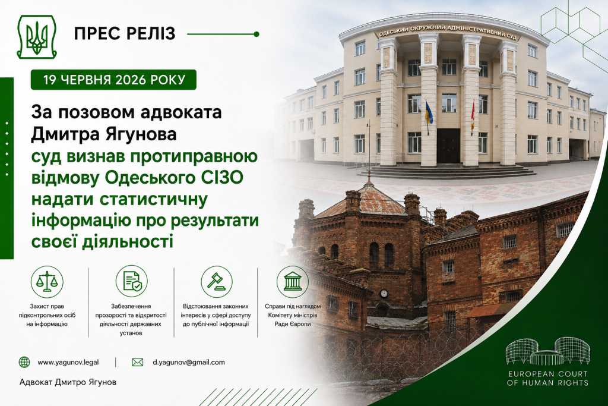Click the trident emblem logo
click(36, 37)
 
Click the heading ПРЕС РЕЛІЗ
click(125, 34)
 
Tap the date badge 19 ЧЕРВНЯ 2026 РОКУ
click(113, 80)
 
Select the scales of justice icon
click(47, 282)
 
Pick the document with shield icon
click(131, 282)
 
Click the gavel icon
click(216, 282)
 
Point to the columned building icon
click(292, 282)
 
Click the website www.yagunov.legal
click(68, 362)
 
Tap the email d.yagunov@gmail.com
click(188, 362)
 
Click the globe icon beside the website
click(24, 362)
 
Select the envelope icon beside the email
click(137, 362)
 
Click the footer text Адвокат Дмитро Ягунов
click(68, 382)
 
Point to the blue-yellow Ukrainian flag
click(429, 112)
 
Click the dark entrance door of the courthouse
click(448, 146)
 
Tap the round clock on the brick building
click(384, 293)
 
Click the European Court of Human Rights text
click(547, 379)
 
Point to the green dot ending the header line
click(256, 34)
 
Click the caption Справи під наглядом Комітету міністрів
click(292, 310)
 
